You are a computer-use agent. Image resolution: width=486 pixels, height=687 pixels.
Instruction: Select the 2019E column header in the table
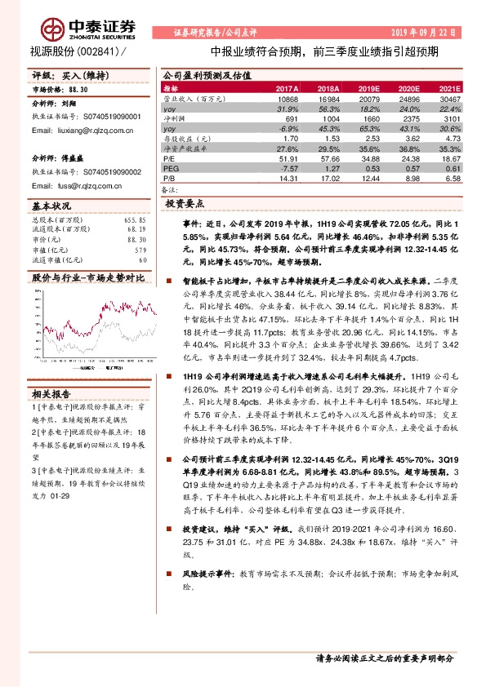[369, 87]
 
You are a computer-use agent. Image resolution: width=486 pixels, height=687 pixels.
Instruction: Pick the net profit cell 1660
[369, 119]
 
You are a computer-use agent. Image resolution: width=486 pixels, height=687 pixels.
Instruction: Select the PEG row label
[171, 169]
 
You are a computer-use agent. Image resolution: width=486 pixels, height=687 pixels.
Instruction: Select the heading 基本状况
[51, 208]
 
